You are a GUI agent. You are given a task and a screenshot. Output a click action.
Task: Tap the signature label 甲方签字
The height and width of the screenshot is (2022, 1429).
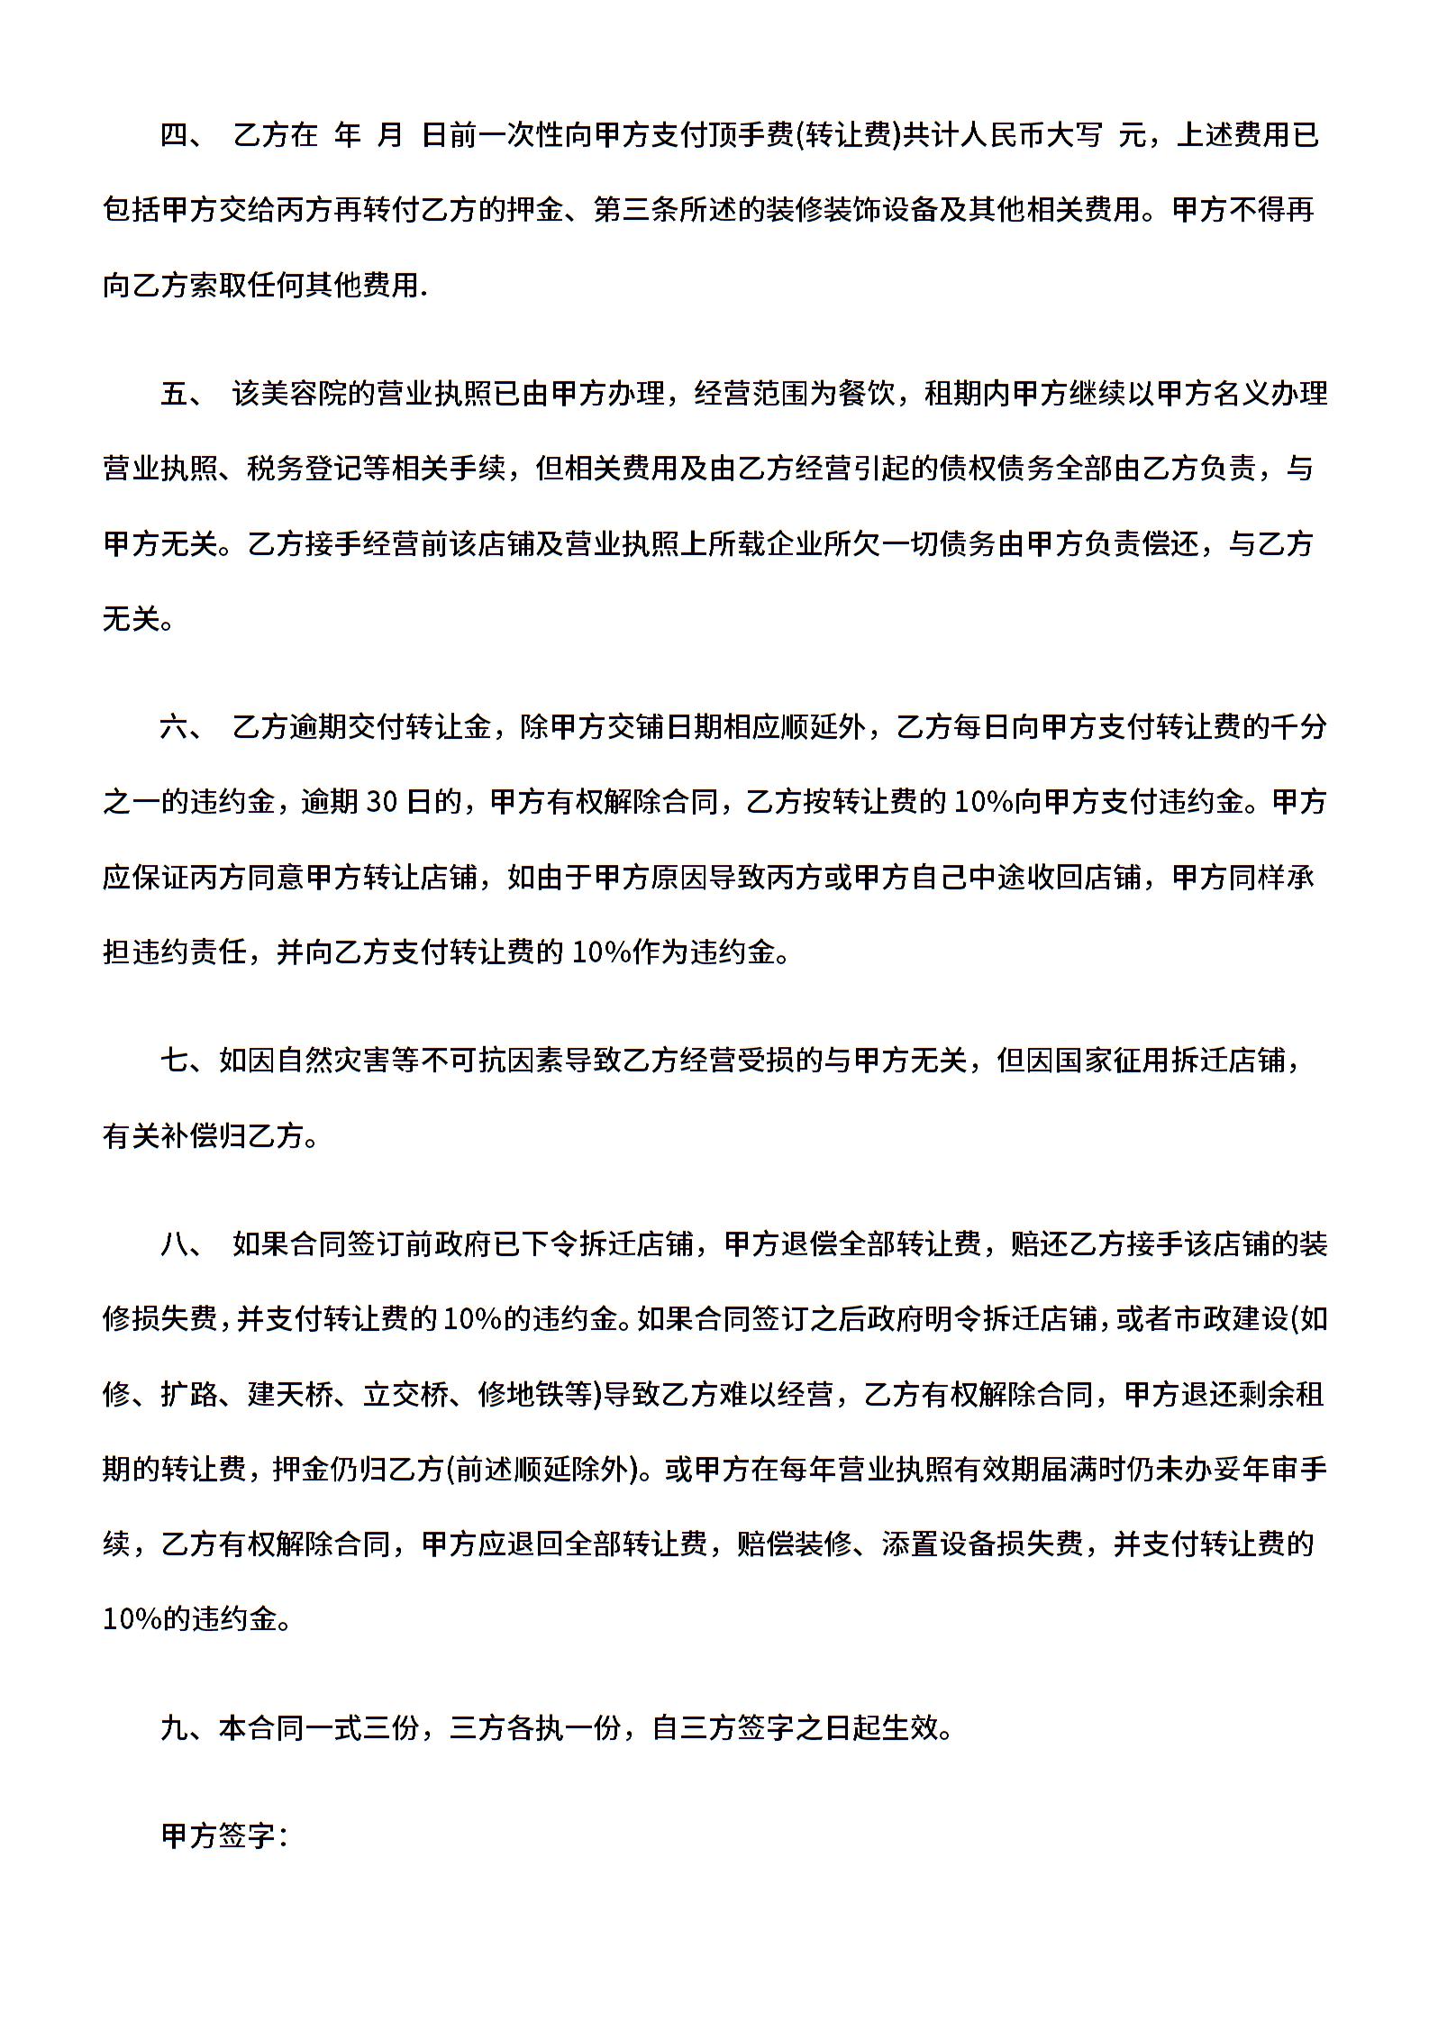click(x=218, y=1836)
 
